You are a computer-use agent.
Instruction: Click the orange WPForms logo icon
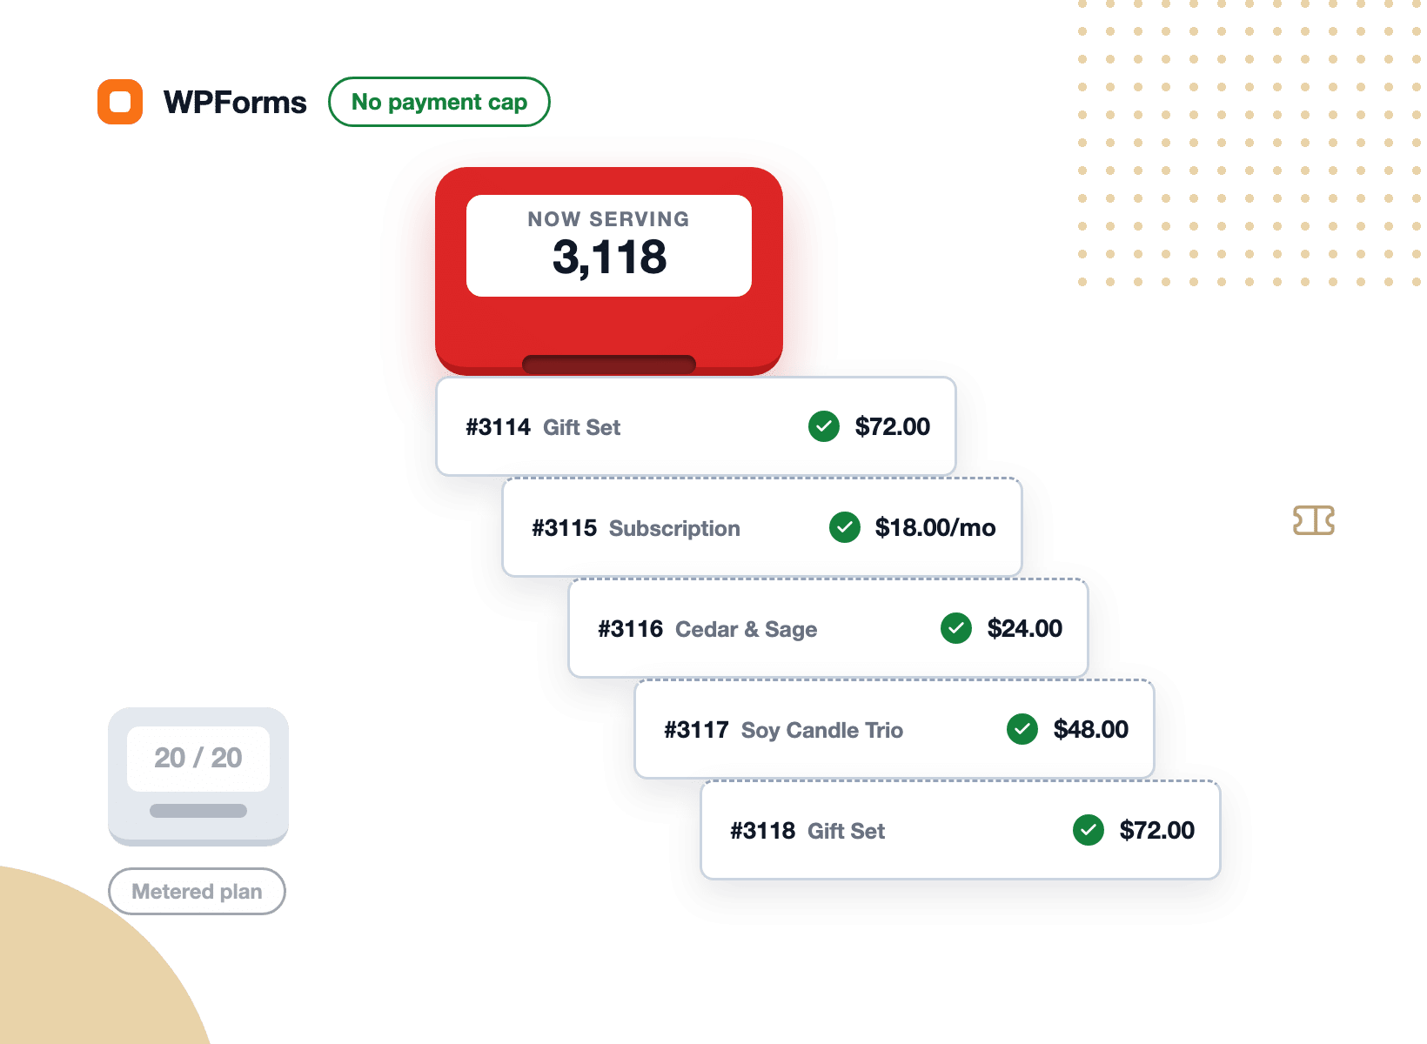[x=120, y=101]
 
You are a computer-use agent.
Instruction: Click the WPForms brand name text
[x=234, y=102]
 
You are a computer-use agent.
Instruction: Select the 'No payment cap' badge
[x=439, y=102]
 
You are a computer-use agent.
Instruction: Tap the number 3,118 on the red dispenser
[x=609, y=257]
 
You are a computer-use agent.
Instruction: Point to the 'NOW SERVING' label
[x=608, y=218]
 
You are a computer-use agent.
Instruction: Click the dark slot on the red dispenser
[x=608, y=365]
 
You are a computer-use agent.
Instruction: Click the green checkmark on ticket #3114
[x=824, y=426]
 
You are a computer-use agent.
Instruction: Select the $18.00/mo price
[x=935, y=527]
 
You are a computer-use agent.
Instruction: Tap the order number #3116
[x=630, y=629]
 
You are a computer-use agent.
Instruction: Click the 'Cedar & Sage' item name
[x=746, y=629]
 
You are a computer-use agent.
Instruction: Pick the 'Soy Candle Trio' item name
[x=821, y=730]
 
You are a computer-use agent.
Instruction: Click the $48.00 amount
[x=1090, y=729]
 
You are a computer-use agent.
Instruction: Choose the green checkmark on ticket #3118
[x=1088, y=830]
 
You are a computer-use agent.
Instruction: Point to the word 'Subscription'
[x=674, y=528]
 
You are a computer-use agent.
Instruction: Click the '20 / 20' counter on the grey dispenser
[x=198, y=758]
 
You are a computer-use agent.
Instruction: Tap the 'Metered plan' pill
[x=197, y=891]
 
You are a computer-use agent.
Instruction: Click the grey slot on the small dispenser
[x=198, y=810]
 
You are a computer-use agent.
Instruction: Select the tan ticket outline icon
[x=1313, y=520]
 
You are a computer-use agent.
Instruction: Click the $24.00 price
[x=1024, y=629]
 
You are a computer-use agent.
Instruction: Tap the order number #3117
[x=696, y=730]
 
